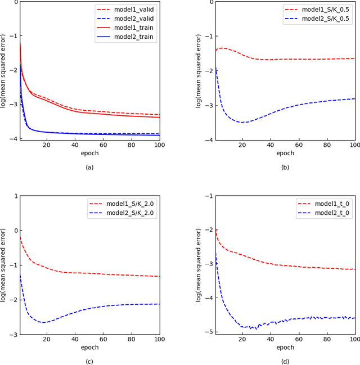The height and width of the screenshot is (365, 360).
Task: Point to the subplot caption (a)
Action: tap(89, 167)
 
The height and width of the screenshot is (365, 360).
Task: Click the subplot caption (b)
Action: tap(285, 167)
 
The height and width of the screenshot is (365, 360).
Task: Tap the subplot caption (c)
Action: tap(89, 362)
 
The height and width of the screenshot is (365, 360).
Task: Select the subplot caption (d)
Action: tap(285, 362)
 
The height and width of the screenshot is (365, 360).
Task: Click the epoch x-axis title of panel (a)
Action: tap(89, 153)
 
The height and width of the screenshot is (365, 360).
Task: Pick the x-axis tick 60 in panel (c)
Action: tap(103, 340)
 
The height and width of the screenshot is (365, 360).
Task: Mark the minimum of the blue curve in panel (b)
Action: tap(242, 122)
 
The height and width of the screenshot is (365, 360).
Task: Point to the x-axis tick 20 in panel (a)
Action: tap(47, 145)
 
